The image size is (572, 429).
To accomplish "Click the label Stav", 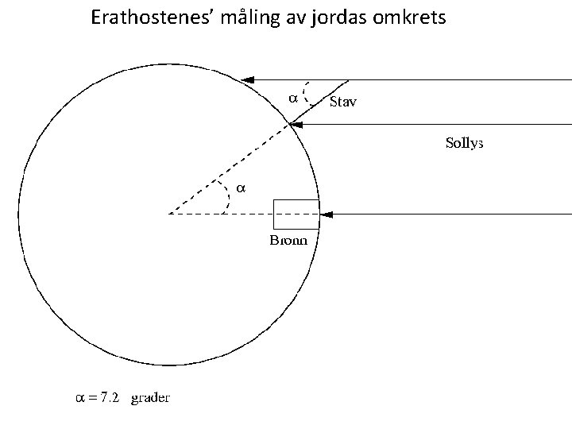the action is (x=343, y=101).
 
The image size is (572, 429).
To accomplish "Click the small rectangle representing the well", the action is (x=296, y=214).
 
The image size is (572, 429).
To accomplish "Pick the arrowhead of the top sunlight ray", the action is (x=247, y=79).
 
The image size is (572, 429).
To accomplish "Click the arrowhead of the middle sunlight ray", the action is (x=295, y=123).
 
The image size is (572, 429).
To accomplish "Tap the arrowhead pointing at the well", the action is (x=326, y=214).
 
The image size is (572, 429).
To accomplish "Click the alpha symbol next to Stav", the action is (x=292, y=99).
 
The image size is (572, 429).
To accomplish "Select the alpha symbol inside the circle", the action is (x=242, y=188).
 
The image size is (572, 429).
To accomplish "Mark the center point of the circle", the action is (x=169, y=214).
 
